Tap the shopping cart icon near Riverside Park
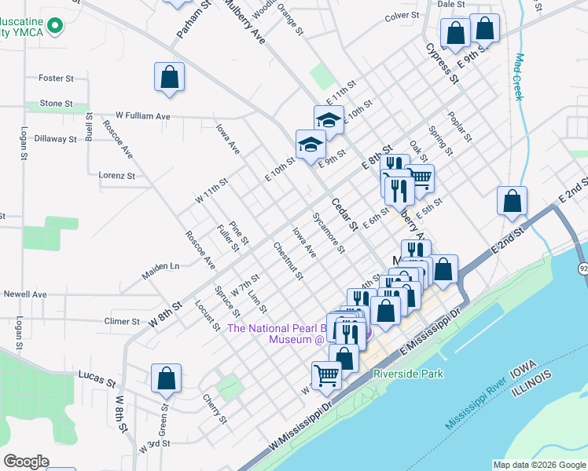click(326, 374)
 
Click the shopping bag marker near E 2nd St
click(512, 200)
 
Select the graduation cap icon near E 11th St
click(329, 119)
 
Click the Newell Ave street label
click(25, 294)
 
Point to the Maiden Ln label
click(160, 267)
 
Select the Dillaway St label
click(56, 139)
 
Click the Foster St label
click(56, 78)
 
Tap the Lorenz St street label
click(116, 176)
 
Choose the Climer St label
click(122, 321)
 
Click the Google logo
click(26, 461)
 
